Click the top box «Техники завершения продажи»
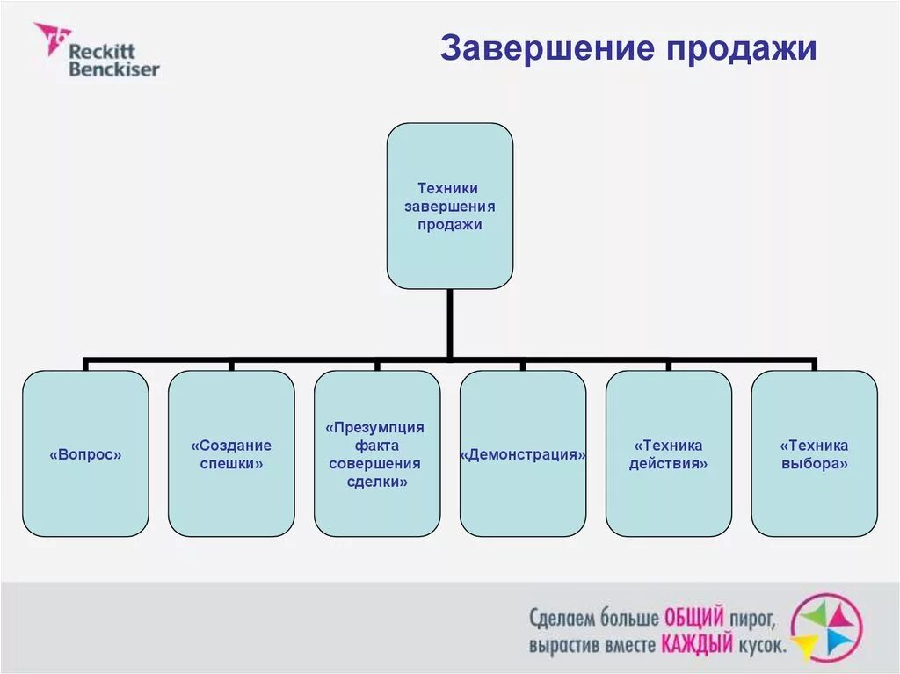[449, 206]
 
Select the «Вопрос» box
[85, 453]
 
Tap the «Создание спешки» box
[231, 453]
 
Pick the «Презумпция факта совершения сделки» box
[377, 453]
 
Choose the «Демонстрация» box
[523, 453]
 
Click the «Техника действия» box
[669, 453]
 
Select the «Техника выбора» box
[815, 453]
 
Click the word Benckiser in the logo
[114, 68]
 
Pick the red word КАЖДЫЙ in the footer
[697, 645]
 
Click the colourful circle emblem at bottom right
[826, 627]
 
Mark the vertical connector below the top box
[449, 323]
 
